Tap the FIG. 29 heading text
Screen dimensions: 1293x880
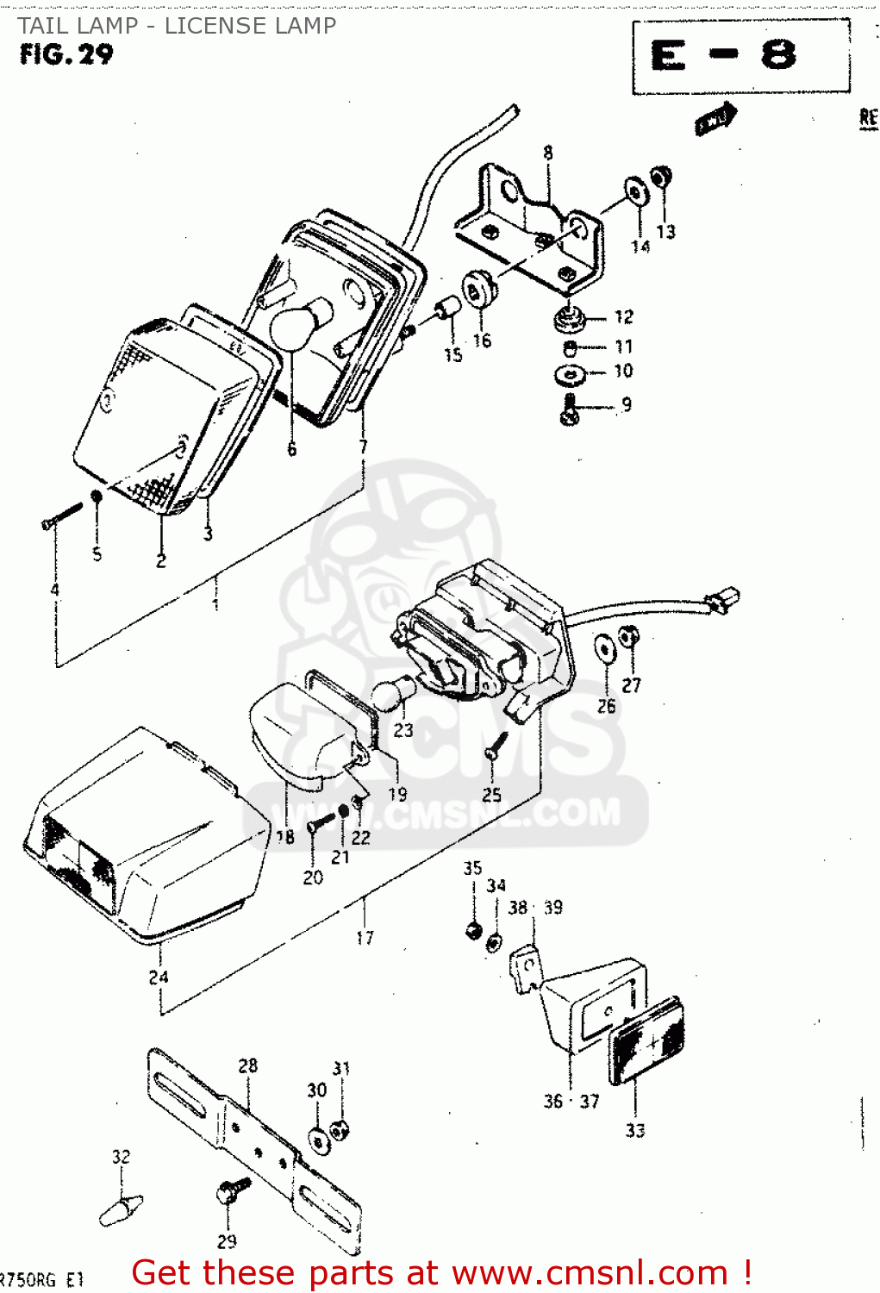(x=66, y=54)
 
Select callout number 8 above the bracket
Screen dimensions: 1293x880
(x=548, y=153)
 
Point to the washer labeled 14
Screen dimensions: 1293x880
(x=636, y=192)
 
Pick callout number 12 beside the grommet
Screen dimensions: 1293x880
(x=624, y=317)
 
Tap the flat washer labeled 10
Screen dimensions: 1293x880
(x=570, y=375)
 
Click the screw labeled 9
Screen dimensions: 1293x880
(x=571, y=409)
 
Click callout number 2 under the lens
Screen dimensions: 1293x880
(x=161, y=561)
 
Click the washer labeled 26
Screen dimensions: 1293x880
(x=605, y=648)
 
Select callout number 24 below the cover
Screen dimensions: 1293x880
(x=159, y=978)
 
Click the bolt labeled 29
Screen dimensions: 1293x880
(x=232, y=1191)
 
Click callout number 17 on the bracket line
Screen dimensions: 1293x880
(x=365, y=938)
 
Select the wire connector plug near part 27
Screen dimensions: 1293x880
(x=722, y=598)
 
